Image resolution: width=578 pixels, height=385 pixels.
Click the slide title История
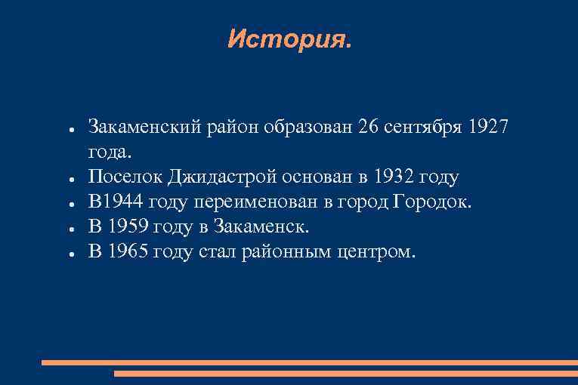[289, 39]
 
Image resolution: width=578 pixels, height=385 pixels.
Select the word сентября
[419, 127]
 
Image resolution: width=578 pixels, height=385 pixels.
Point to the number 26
[370, 127]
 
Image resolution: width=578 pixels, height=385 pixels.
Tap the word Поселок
[125, 177]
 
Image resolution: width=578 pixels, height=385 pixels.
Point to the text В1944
[116, 202]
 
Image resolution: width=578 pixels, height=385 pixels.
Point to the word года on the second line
[110, 152]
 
